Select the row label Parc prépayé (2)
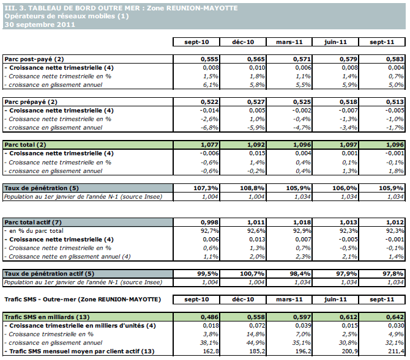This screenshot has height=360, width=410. (31, 101)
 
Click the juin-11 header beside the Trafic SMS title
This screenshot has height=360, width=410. (335, 299)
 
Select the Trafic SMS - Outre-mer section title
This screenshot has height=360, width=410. (82, 299)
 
